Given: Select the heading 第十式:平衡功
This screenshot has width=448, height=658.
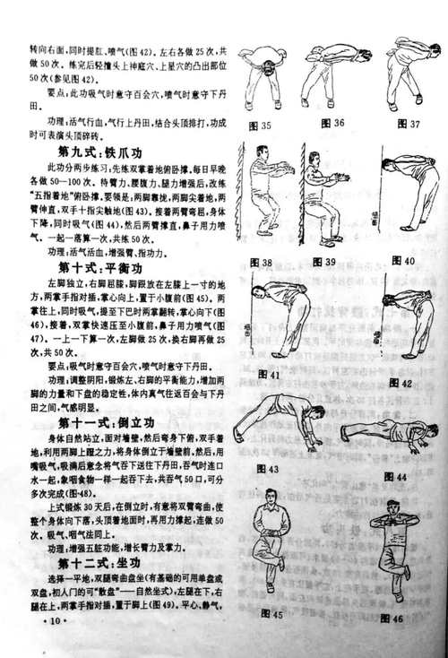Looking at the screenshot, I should pos(99,267).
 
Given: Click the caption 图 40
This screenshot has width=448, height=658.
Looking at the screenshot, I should pos(402,261).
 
